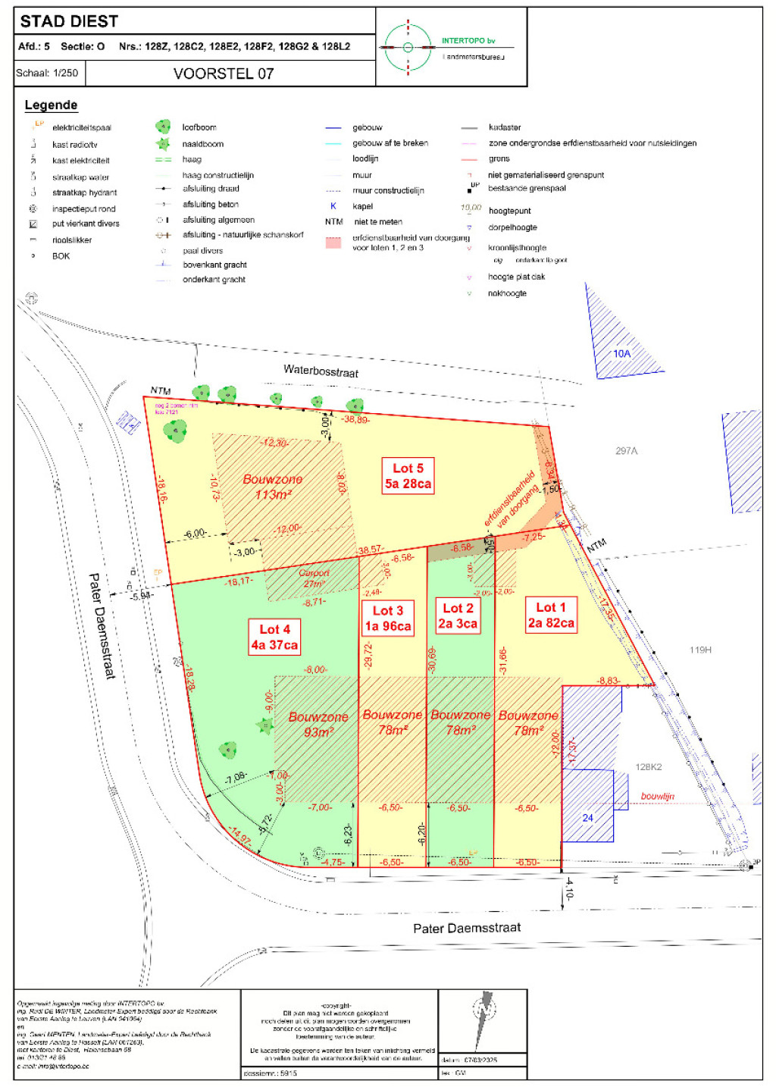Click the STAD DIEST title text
click(69, 21)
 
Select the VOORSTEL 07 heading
click(223, 74)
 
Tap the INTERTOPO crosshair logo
click(408, 47)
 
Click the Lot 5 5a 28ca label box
click(408, 476)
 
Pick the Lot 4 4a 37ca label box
click(274, 637)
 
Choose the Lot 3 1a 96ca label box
click(388, 619)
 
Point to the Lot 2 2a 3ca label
click(458, 616)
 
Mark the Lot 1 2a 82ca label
click(551, 615)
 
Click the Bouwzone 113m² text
click(273, 487)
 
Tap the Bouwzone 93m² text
click(318, 724)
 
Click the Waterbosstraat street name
click(321, 371)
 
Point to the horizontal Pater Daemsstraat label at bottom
click(467, 928)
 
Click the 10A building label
click(621, 353)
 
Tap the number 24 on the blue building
click(588, 817)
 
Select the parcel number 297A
click(626, 451)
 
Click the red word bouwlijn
click(657, 796)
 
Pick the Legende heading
click(51, 105)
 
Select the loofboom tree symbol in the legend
click(163, 127)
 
